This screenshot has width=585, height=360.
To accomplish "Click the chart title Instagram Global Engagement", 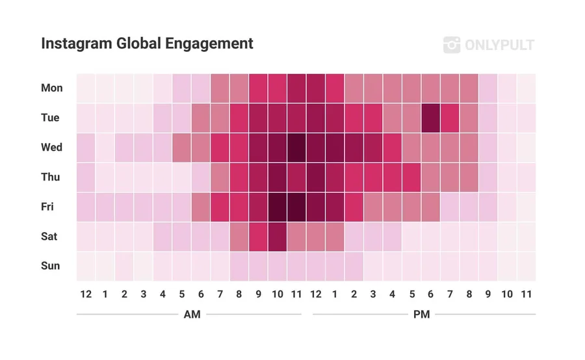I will [x=147, y=44].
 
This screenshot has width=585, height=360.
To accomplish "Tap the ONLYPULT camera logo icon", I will [x=452, y=45].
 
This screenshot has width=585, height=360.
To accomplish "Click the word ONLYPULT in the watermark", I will [x=499, y=45].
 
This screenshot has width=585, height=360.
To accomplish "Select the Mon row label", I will [x=51, y=88].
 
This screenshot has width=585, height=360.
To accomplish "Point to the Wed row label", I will [x=51, y=148].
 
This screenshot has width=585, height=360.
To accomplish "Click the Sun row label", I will [x=51, y=266].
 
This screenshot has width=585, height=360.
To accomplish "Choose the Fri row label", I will [x=47, y=207].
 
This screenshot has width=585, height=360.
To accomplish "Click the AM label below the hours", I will [x=192, y=315].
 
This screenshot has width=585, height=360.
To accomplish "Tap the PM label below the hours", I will [x=421, y=315].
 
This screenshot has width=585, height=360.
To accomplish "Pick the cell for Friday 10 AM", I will [x=278, y=207].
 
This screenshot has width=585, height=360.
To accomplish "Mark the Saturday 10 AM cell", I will [x=278, y=237].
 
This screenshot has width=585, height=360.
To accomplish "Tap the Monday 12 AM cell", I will [x=86, y=88].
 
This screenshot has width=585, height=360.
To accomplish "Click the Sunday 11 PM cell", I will [x=526, y=266].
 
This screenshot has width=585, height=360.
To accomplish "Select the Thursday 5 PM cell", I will [x=411, y=177].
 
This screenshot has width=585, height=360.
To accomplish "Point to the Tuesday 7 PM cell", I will [x=450, y=118].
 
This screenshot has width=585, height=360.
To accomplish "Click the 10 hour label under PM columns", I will [x=507, y=294].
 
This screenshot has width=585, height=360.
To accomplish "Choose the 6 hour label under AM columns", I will [x=201, y=294].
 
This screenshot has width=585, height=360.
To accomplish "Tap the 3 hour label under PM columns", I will [x=373, y=294].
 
